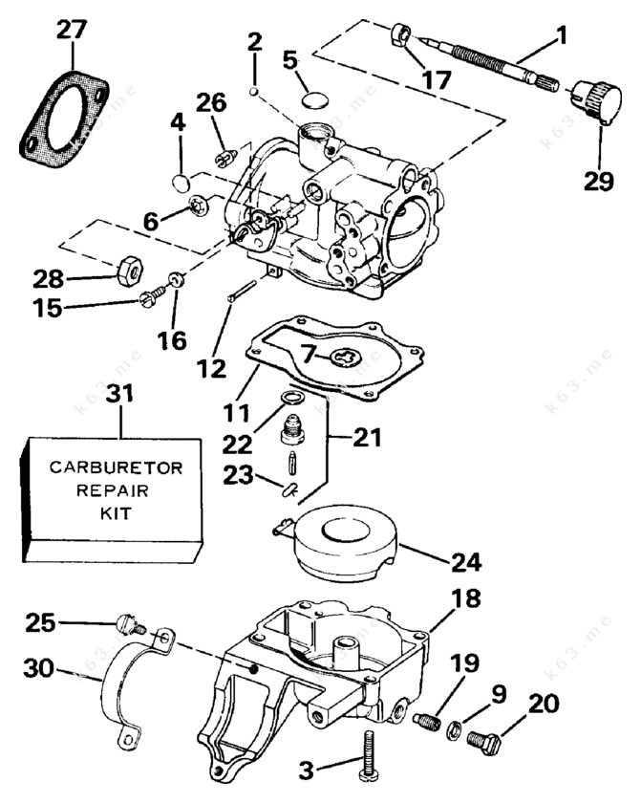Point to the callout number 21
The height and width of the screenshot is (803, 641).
point(367,439)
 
